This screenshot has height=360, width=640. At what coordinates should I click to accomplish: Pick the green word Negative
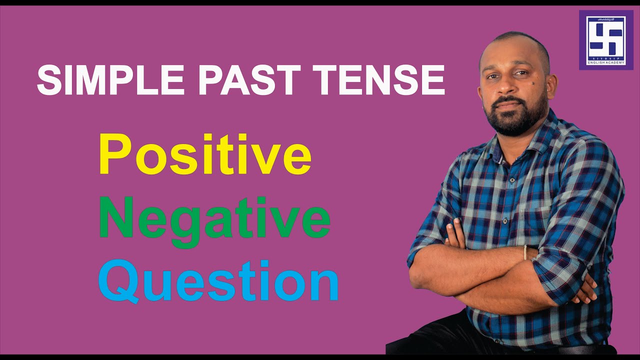tap(215, 218)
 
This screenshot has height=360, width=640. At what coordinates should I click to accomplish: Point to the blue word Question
tap(218, 281)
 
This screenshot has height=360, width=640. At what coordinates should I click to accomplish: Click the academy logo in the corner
tap(605, 39)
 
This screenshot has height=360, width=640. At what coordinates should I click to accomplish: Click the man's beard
tap(515, 117)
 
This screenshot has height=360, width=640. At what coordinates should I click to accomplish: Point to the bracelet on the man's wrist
tap(525, 252)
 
